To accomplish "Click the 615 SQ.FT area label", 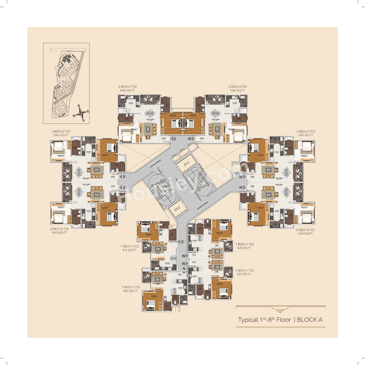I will pos(129,250).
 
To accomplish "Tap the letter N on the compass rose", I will pos(79,106).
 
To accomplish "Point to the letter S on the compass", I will pos(83,120).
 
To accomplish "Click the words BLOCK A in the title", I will pos(310,320).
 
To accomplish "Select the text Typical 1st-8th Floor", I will pos(264,320).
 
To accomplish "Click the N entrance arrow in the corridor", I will pos(184,269).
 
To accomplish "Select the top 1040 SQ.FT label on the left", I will pos(127,90).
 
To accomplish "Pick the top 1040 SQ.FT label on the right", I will pos(237,90).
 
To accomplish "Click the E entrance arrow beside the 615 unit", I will pos(181,242).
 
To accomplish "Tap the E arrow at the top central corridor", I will pos(173,139).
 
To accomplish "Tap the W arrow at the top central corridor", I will pos(191,139).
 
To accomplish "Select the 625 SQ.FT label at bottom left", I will pos(130,291).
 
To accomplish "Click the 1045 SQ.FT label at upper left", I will pos(60,135).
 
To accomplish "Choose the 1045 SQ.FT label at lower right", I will pos(305,234).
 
